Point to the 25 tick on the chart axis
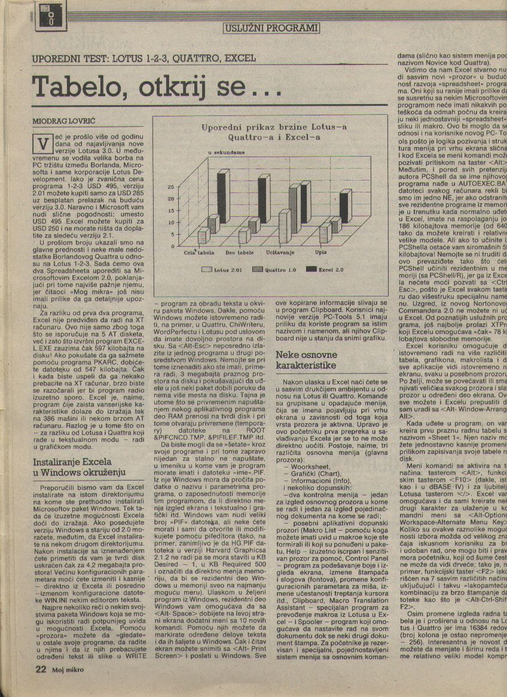[170, 187]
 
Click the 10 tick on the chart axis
[170, 222]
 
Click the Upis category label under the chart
[320, 253]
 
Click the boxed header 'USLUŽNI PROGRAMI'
[271, 27]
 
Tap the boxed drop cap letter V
[41, 143]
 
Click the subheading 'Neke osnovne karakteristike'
[306, 360]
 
